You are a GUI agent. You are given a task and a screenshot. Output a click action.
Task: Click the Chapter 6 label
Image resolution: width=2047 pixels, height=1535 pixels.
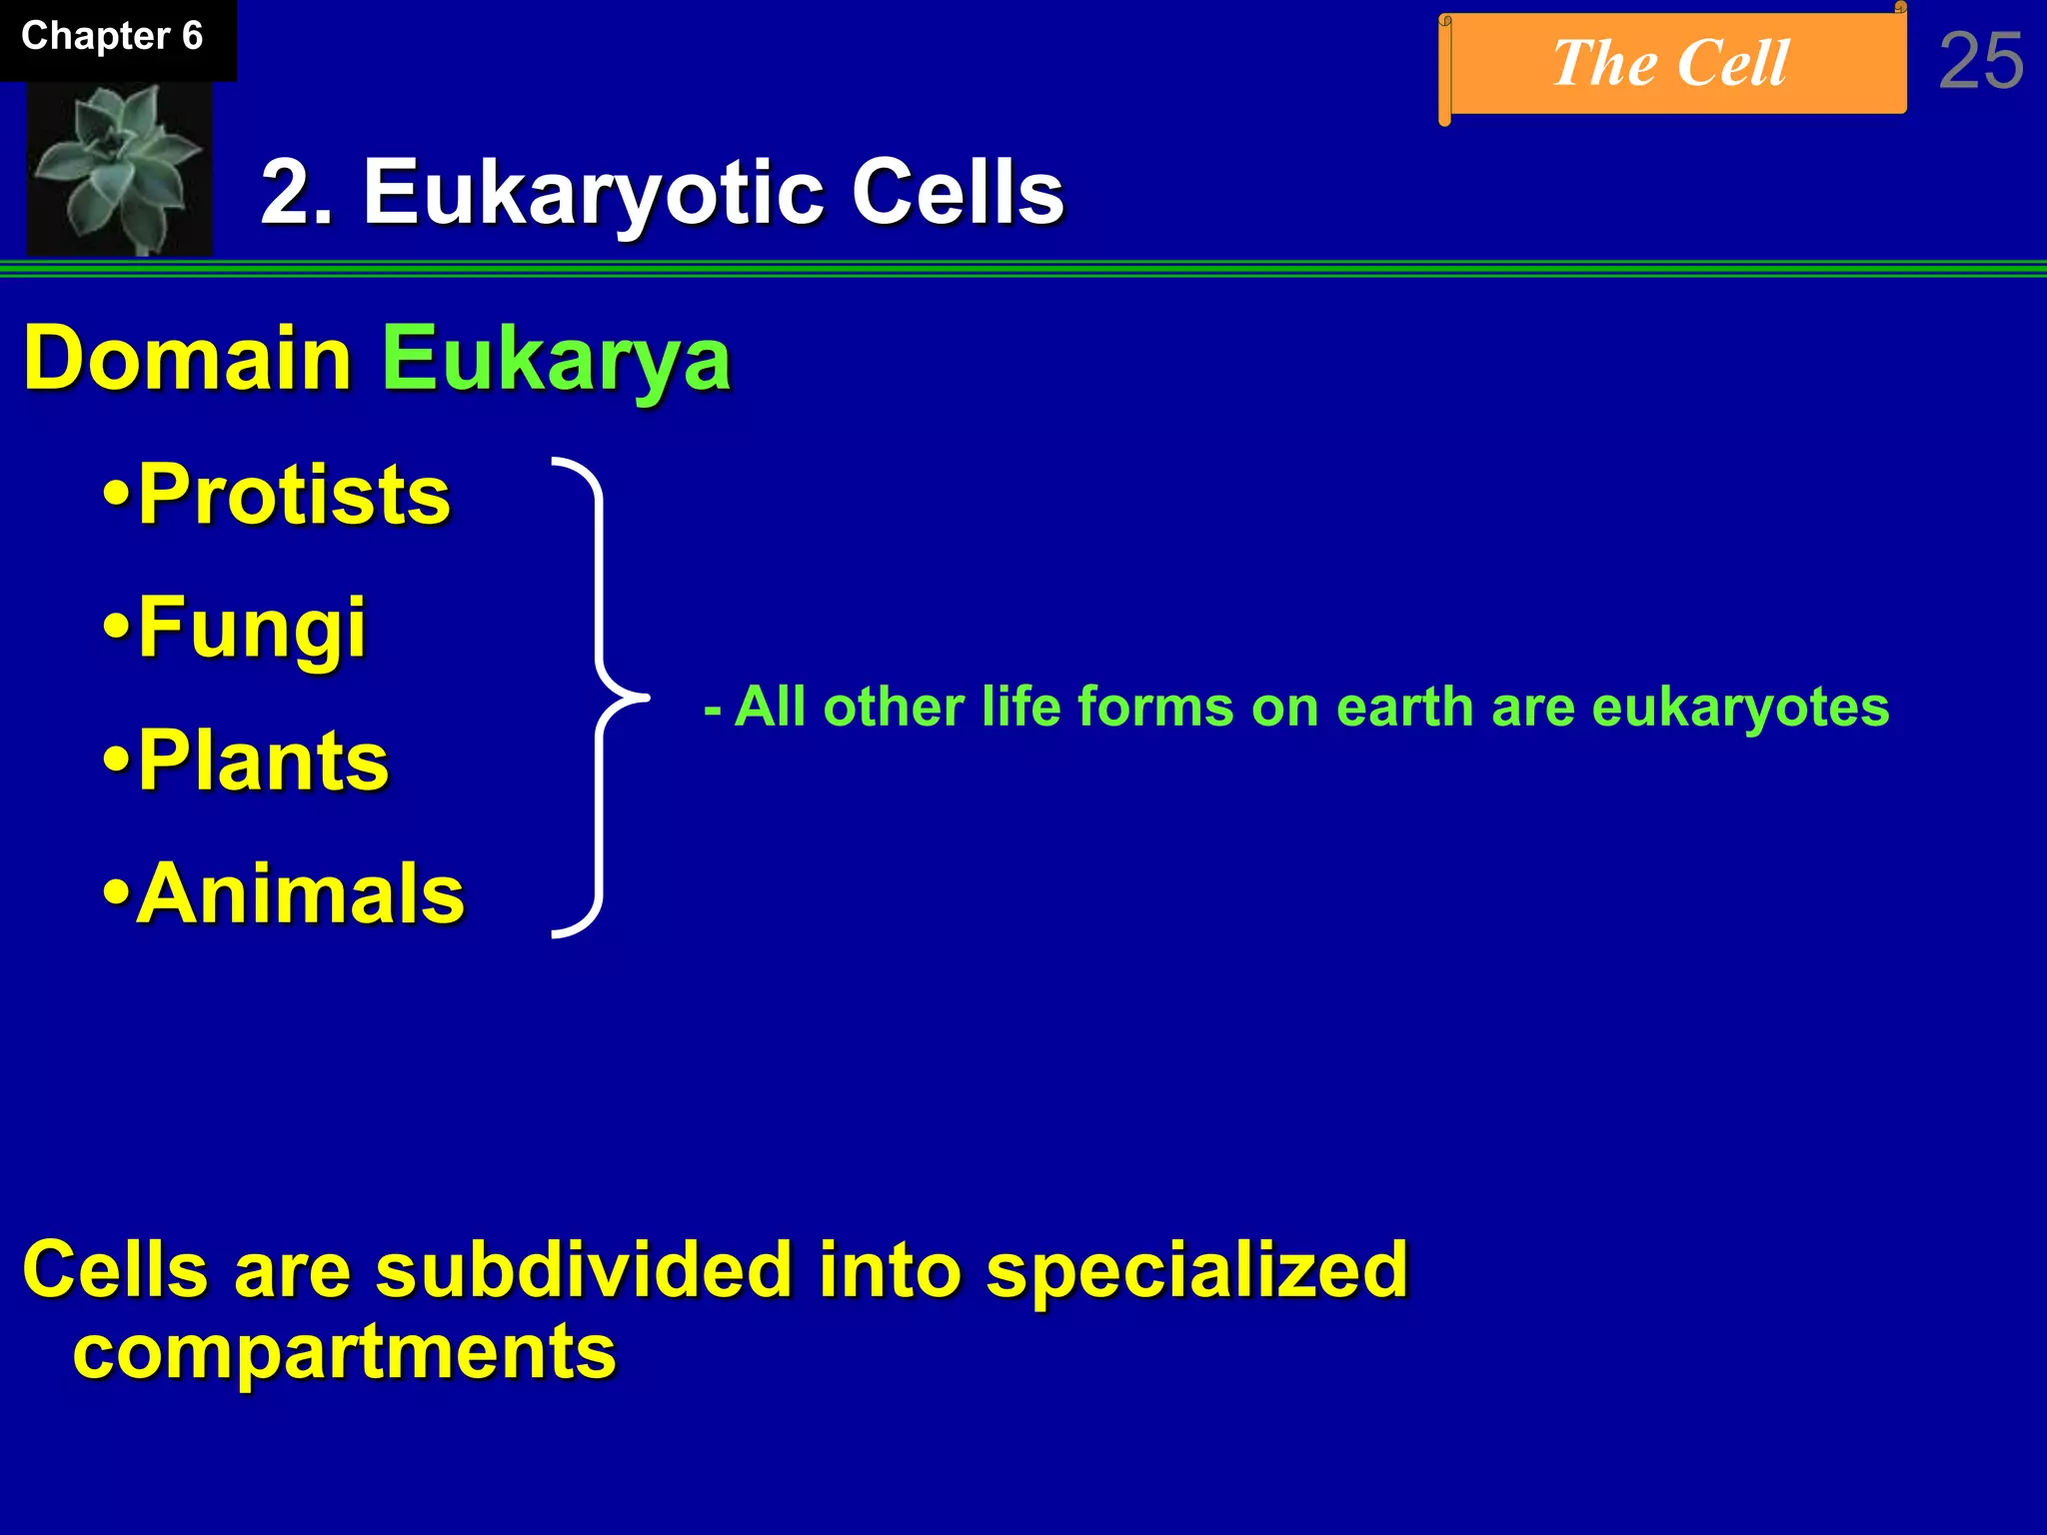(x=112, y=37)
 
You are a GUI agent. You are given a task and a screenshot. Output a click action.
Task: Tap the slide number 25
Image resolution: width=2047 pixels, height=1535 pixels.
(x=1981, y=62)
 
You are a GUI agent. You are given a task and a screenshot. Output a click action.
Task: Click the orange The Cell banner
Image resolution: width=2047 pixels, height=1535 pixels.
(x=1671, y=64)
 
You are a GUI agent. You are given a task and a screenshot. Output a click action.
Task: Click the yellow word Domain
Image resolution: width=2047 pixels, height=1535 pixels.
(x=187, y=358)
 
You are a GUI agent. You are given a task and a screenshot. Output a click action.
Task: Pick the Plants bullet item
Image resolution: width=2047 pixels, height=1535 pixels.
(x=248, y=761)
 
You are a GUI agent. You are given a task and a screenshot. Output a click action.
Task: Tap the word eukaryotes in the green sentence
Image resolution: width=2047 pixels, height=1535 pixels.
(x=1739, y=708)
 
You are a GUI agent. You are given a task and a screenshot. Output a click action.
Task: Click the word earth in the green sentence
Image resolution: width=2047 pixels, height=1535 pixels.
(x=1404, y=708)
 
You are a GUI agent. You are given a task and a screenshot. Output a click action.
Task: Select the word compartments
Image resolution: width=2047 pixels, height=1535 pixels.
(x=345, y=1352)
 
